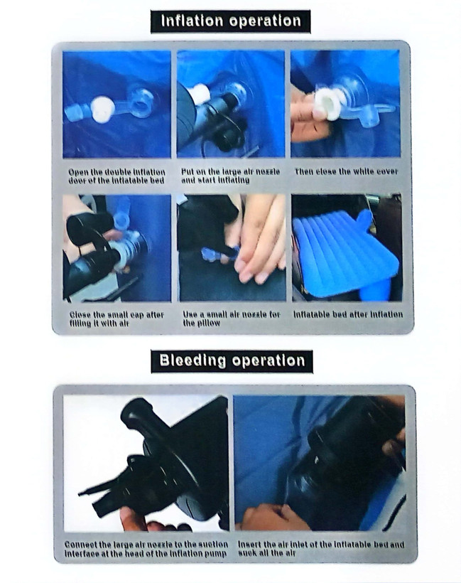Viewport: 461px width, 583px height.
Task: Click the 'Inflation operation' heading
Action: point(231,21)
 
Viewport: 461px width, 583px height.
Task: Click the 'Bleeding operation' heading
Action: point(232,360)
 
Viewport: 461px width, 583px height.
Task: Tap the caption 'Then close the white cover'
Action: point(346,171)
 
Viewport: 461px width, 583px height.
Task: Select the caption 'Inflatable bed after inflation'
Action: point(348,314)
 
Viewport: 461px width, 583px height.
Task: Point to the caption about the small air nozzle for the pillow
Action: point(231,319)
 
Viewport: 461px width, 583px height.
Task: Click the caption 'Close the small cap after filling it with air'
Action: point(116,319)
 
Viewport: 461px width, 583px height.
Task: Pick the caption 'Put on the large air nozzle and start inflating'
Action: point(230,176)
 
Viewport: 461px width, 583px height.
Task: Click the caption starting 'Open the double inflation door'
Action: point(116,176)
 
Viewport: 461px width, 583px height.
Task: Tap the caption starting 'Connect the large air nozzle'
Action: point(146,549)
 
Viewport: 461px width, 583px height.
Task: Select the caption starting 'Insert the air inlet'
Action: point(320,548)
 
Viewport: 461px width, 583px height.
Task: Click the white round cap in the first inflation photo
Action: point(103,109)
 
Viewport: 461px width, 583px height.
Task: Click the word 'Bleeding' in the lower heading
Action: point(192,360)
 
